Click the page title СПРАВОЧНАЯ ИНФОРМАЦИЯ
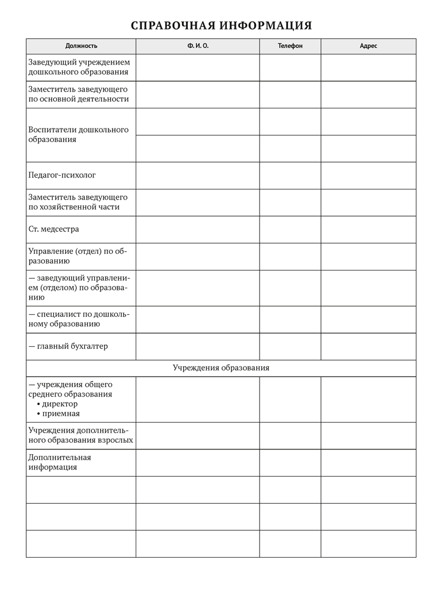click(x=220, y=25)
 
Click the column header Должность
click(x=81, y=46)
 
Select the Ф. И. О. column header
click(x=197, y=46)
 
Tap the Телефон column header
click(x=290, y=46)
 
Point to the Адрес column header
click(x=368, y=46)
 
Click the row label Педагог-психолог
click(x=62, y=175)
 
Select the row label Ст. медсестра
click(x=53, y=229)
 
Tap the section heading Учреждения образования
click(x=220, y=368)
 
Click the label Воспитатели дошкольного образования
click(x=78, y=135)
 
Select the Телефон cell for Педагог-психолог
click(x=290, y=175)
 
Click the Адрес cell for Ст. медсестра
click(x=368, y=229)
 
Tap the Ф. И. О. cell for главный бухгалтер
click(x=197, y=346)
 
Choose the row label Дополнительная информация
click(x=59, y=462)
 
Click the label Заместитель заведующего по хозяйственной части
click(x=78, y=202)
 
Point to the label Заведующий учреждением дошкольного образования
click(x=78, y=67)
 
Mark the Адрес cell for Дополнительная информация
click(x=368, y=462)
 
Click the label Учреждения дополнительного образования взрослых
click(x=81, y=435)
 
